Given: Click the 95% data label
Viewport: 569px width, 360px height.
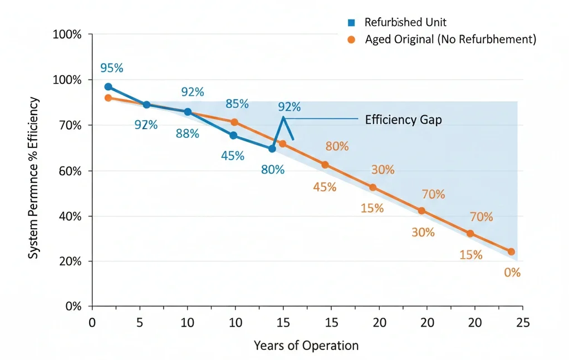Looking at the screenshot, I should [111, 68].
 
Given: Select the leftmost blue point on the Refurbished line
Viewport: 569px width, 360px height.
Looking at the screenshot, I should [108, 87].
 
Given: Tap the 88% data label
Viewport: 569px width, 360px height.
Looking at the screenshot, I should [188, 134].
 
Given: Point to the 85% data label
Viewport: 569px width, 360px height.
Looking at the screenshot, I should [237, 103].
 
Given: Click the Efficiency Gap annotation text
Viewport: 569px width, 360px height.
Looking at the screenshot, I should [403, 119].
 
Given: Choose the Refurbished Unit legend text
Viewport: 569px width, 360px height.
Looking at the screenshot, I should [405, 23].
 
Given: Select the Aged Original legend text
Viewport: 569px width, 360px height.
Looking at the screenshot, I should [450, 40].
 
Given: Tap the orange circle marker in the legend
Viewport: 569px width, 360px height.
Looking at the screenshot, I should [351, 40].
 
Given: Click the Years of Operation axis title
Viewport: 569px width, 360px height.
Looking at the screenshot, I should [306, 345].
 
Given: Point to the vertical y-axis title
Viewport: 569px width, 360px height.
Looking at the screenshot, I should [34, 178].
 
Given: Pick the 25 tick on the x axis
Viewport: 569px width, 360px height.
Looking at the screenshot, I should [522, 323].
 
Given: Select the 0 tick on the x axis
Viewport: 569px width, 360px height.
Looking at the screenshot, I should [92, 323].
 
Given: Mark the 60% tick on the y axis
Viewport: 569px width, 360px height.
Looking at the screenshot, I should [70, 171].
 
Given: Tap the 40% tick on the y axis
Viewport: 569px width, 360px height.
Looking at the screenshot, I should [70, 216].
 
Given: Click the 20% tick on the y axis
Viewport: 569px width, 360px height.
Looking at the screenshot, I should [70, 262].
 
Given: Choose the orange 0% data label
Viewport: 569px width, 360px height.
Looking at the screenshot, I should [512, 273].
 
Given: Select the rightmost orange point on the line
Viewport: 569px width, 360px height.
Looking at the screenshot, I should [511, 251].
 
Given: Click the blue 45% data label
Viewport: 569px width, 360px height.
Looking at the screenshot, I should [232, 156].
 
